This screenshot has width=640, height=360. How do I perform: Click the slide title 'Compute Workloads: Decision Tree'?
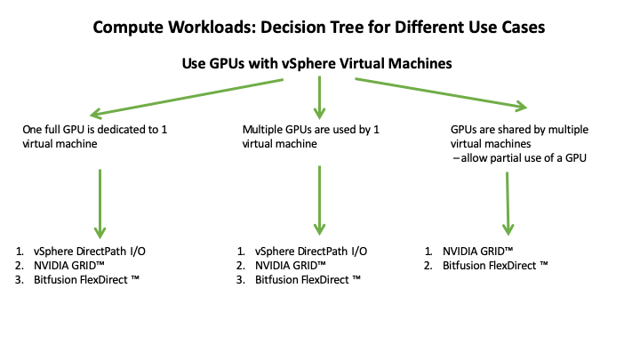[319, 28]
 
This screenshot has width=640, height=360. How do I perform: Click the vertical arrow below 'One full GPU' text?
[100, 201]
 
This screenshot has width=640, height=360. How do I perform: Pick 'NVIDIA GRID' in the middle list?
[296, 266]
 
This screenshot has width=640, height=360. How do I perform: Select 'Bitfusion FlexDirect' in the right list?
[489, 266]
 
